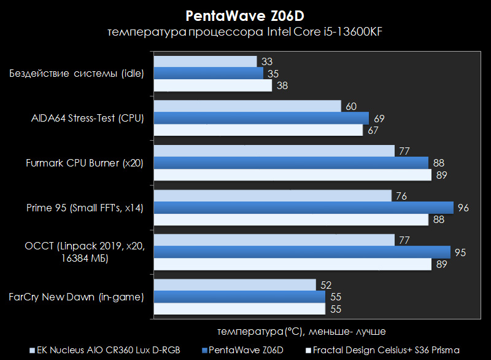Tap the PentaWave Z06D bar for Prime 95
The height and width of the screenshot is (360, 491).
pos(303,208)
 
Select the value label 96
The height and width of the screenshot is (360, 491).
pos(463,208)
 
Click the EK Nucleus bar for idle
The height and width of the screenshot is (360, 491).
pos(205,61)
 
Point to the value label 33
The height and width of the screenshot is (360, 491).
pos(266,61)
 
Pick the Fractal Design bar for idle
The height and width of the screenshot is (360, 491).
pos(212,85)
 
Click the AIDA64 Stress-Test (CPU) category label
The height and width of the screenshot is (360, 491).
pos(88,118)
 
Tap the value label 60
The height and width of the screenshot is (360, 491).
pos(351,106)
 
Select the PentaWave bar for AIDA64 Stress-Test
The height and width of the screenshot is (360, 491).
pos(261,118)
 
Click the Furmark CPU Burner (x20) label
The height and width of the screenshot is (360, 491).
pos(85,163)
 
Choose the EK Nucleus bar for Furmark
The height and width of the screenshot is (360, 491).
pos(274,151)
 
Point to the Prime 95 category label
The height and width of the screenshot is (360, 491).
pos(85,208)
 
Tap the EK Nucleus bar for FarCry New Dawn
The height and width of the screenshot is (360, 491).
pos(234,285)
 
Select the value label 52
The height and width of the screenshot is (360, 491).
pos(327,285)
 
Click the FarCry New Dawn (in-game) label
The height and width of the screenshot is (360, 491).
pos(77,297)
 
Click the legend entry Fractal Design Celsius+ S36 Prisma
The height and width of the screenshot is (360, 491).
pos(385,350)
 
